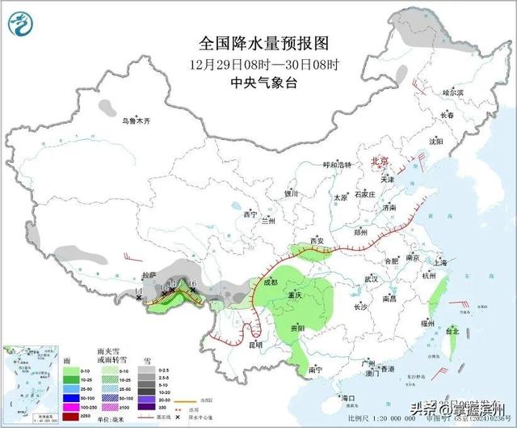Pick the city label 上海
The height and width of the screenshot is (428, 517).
(439, 263)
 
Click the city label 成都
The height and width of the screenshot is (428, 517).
(270, 282)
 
